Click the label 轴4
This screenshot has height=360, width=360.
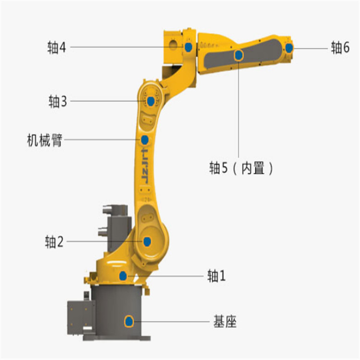coord(57,48)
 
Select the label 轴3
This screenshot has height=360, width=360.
coord(58,101)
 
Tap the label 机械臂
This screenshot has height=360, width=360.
coord(45,140)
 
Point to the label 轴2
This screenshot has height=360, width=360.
coord(54,241)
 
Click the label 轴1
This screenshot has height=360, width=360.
coord(216,276)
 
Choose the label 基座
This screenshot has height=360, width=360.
coord(225,321)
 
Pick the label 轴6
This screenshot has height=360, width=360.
coord(340,48)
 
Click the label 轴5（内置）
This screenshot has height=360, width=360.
coord(241,168)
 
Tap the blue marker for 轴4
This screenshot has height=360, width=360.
coord(189,47)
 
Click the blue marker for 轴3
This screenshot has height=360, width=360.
coord(151,101)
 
